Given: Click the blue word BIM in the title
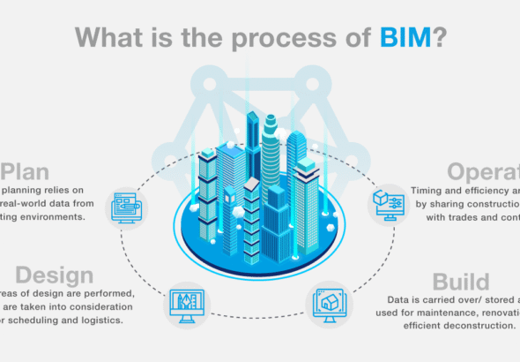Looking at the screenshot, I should [403, 38].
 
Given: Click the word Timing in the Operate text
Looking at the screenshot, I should [431, 190].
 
